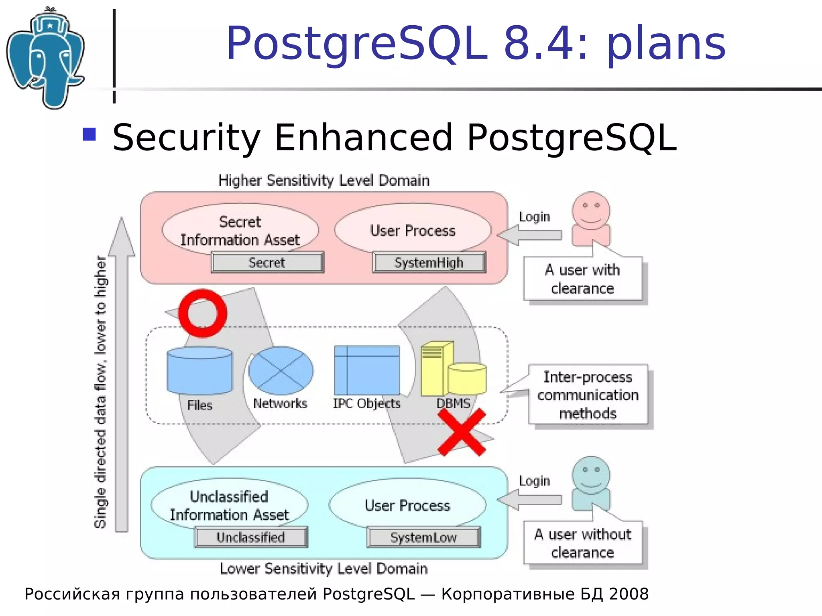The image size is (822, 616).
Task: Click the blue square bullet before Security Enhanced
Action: [x=89, y=134]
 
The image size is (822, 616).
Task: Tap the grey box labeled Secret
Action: [x=267, y=263]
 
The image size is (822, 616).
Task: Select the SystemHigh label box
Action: [x=429, y=263]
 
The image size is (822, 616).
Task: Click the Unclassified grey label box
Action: [x=251, y=537]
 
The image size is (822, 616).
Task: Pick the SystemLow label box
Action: [x=423, y=537]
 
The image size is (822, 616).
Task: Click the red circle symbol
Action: [x=203, y=313]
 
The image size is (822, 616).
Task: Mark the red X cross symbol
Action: [x=462, y=432]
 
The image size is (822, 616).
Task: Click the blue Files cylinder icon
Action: [x=199, y=371]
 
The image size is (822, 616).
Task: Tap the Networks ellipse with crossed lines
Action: [x=281, y=371]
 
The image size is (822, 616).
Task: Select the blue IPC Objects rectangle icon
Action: [x=367, y=371]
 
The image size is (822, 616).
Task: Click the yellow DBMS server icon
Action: [x=453, y=370]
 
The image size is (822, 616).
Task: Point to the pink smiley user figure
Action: [x=591, y=219]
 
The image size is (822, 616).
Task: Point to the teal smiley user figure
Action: [x=591, y=483]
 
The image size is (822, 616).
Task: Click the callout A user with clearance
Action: [x=583, y=279]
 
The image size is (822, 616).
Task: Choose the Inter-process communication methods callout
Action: [x=588, y=395]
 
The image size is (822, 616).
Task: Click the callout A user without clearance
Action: [x=583, y=543]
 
